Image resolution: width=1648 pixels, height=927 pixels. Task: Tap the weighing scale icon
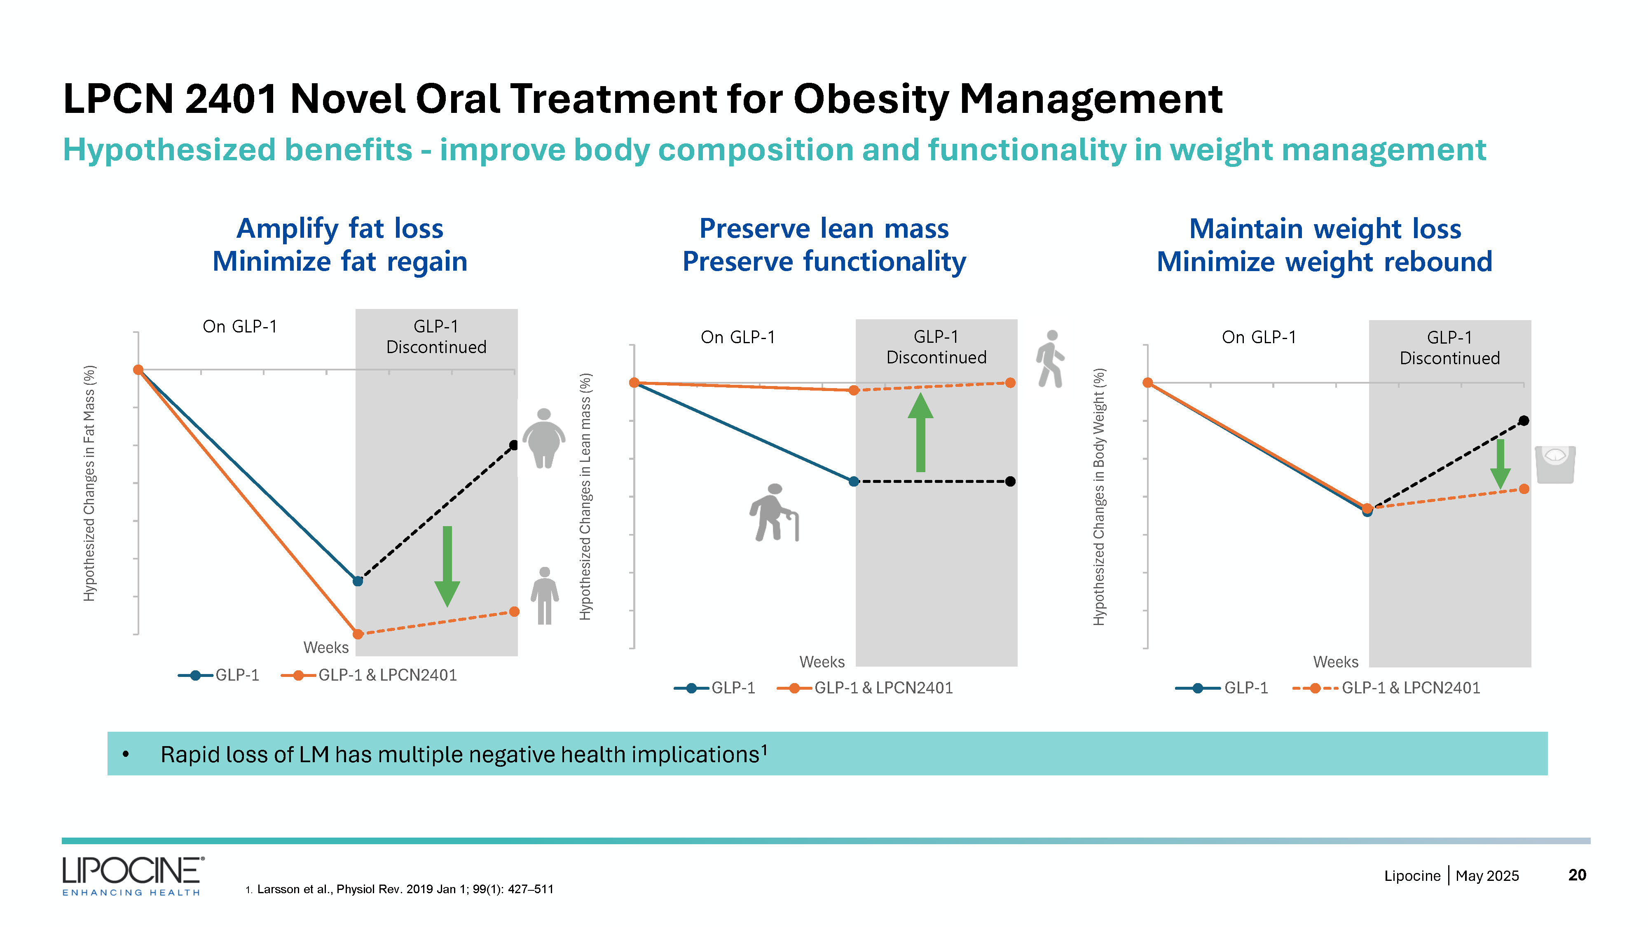click(x=1554, y=464)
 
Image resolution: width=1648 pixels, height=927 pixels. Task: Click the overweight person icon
click(x=544, y=438)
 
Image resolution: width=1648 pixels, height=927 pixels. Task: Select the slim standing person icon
click(x=544, y=596)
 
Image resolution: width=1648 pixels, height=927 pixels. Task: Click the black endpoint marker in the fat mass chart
click(x=514, y=445)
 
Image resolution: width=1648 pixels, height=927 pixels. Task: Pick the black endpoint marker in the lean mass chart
click(x=1010, y=482)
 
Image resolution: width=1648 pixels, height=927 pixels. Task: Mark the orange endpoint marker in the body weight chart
click(x=1524, y=489)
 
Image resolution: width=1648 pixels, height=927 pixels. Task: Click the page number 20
click(x=1577, y=875)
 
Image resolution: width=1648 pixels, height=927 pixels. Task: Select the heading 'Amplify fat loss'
click(x=340, y=228)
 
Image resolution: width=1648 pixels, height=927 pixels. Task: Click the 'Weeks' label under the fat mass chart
click(x=325, y=647)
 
